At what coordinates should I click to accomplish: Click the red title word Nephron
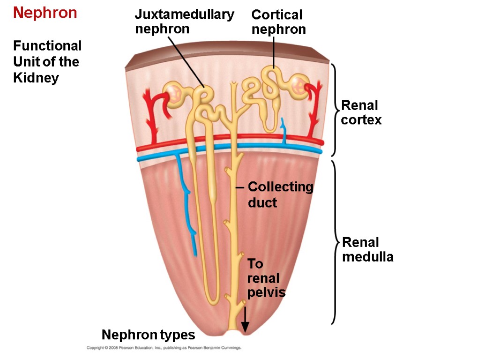coord(45,13)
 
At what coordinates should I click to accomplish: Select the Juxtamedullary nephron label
coord(184,22)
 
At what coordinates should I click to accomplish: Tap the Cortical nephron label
coord(278,22)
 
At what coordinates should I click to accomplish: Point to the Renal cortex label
coord(361,112)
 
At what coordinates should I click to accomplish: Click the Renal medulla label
coord(367,250)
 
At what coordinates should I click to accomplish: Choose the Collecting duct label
coord(280,195)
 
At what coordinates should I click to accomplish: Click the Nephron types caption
coord(148,335)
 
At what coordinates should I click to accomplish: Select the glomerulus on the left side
coord(174,93)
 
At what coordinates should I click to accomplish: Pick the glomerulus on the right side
coord(298,85)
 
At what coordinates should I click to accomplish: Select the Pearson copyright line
coord(164,348)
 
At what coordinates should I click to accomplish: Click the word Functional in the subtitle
coord(47,46)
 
